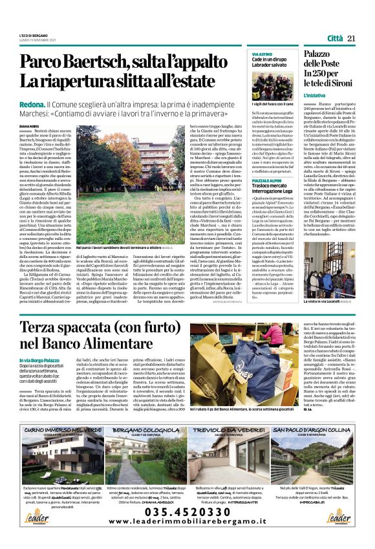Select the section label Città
335,39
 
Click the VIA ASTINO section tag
262,54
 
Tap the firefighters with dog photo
274,80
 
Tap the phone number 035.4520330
188,511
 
